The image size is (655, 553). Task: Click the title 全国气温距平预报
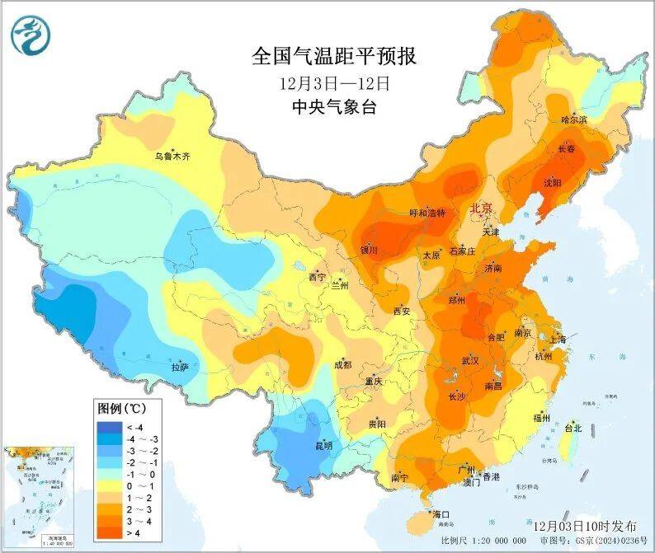pos(334,57)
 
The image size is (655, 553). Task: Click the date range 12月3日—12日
pos(334,83)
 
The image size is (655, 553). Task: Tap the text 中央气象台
pos(334,107)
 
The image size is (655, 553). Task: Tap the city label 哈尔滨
pos(574,120)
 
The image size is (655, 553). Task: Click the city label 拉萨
pos(181,366)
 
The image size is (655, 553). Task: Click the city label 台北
pos(573,428)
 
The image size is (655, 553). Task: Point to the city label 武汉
pos(470,361)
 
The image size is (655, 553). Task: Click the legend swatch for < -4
pos(109,427)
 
